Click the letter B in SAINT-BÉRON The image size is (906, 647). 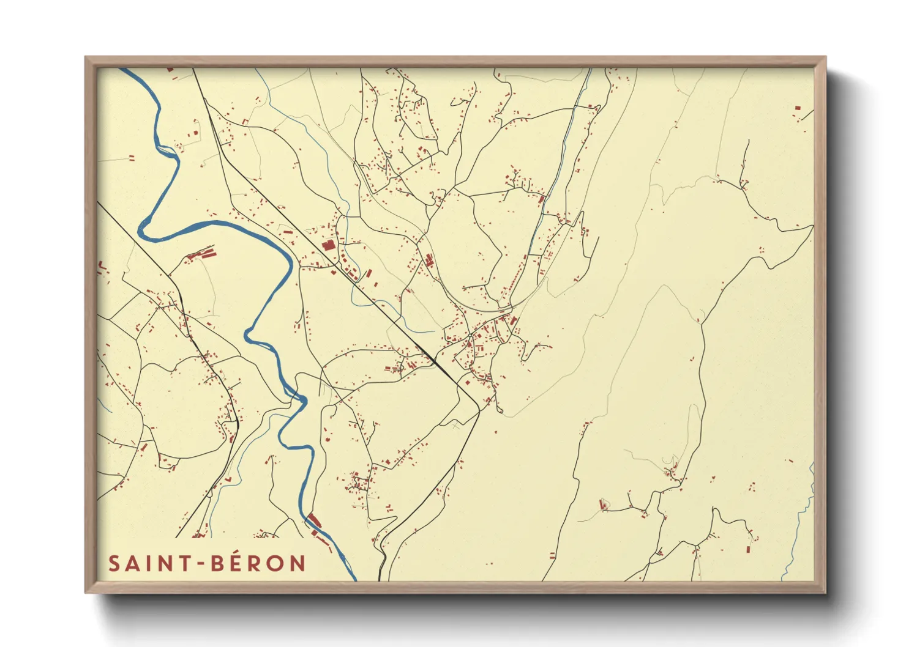tap(217, 563)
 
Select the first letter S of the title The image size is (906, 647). tap(114, 563)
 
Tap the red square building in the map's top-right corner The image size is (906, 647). tap(798, 108)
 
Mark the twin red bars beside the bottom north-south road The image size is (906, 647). tap(552, 555)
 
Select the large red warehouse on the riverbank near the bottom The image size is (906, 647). tap(314, 520)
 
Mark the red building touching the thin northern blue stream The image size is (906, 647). tap(541, 198)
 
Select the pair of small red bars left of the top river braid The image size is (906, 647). tap(131, 157)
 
